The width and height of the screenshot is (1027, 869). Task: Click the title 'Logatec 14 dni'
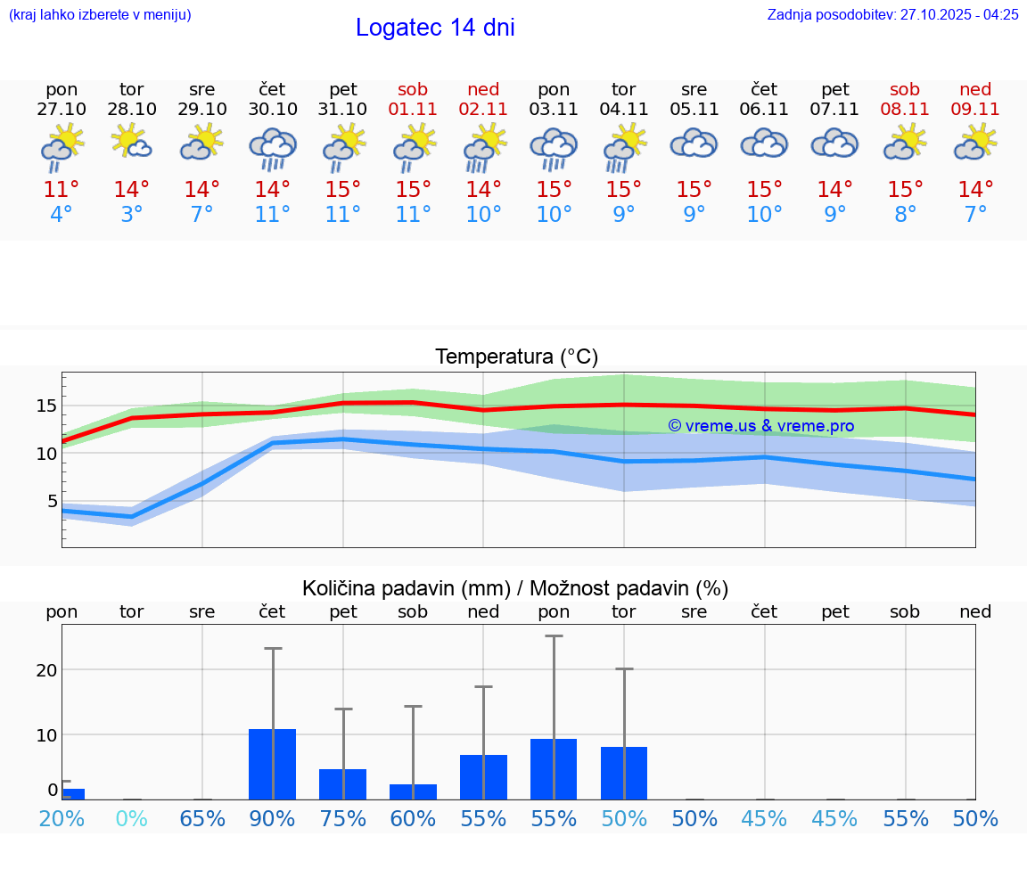[435, 28]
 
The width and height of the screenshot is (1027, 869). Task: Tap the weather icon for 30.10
[273, 148]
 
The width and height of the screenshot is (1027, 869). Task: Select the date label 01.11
[413, 110]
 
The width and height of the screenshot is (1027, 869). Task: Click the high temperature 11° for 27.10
[62, 190]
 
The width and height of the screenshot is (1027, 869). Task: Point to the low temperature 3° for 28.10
[132, 215]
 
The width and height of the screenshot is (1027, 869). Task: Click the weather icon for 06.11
[764, 143]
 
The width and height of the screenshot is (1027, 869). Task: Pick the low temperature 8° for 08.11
[905, 215]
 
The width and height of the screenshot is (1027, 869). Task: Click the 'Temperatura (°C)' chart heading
[516, 357]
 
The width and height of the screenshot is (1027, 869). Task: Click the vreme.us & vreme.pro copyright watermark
[761, 426]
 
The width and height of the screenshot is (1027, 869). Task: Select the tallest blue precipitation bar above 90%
[273, 764]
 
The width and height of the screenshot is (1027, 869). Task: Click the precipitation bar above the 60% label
[413, 791]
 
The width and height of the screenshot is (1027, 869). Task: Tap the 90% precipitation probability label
[273, 819]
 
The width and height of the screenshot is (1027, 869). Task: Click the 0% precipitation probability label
[132, 819]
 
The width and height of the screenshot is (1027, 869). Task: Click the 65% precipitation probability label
[202, 819]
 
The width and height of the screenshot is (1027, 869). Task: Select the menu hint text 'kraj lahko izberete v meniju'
[100, 15]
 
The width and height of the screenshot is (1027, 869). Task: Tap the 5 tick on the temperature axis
[52, 501]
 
